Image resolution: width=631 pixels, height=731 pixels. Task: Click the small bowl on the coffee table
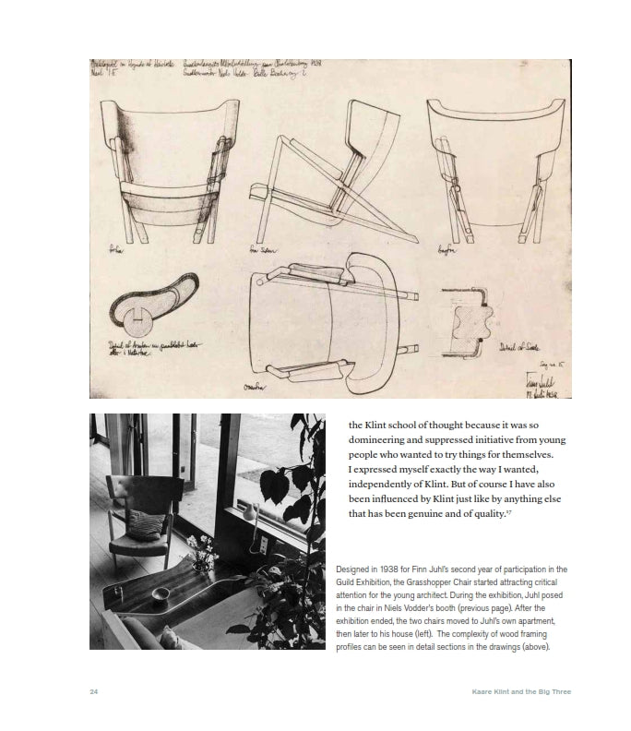click(161, 592)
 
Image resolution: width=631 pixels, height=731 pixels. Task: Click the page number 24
click(94, 691)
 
